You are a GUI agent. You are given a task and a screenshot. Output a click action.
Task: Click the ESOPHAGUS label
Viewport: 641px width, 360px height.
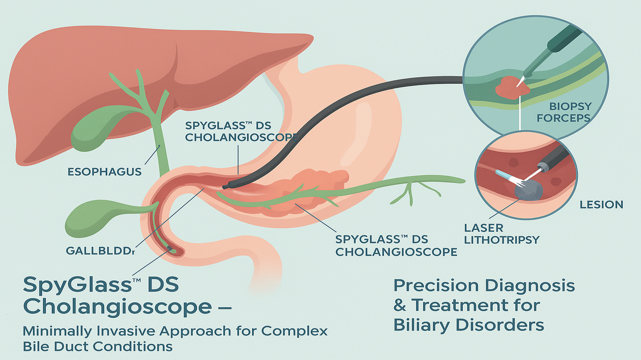[105, 172]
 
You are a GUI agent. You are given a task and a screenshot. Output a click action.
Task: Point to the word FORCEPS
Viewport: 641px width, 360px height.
[563, 118]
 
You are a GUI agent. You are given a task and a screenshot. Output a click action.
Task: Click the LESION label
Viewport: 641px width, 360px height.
[601, 205]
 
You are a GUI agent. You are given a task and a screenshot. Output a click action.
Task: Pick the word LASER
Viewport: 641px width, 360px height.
[484, 228]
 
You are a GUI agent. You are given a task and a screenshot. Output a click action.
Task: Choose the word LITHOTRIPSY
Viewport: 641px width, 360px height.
[502, 240]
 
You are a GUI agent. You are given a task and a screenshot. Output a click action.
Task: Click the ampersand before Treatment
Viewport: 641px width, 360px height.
[400, 306]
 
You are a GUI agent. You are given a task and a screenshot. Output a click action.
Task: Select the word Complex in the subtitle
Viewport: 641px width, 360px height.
[294, 331]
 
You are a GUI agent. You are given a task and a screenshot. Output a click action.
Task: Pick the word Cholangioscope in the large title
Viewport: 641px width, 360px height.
[117, 307]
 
